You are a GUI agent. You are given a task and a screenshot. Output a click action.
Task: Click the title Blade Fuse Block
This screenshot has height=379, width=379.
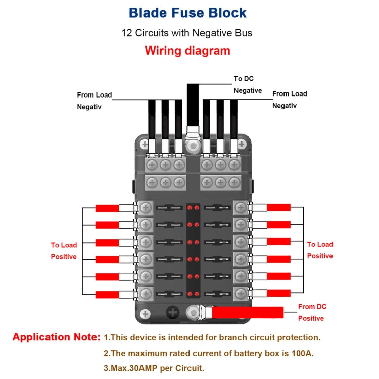point(187,13)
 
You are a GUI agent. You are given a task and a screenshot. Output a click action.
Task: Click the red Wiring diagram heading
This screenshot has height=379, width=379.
point(187,51)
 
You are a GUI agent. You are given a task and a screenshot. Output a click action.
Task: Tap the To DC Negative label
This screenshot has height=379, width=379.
point(247,84)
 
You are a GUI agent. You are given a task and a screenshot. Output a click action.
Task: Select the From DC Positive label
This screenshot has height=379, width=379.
point(312,312)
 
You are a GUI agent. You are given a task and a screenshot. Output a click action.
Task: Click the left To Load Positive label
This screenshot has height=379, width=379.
point(64,251)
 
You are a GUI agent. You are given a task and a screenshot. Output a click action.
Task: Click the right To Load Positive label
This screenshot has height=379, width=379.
point(320,250)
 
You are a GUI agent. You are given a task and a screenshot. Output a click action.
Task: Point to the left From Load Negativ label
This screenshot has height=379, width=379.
point(94,101)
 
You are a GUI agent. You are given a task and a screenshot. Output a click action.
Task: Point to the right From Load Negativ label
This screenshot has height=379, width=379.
point(290,99)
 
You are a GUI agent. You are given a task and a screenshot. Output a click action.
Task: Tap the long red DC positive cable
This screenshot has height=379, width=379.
point(248,313)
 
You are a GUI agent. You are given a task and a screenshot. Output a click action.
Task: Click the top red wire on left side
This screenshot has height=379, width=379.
point(107,208)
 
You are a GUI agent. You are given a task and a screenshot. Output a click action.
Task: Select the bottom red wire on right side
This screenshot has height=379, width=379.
point(278,293)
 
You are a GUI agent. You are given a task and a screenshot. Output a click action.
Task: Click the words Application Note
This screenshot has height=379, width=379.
point(56,337)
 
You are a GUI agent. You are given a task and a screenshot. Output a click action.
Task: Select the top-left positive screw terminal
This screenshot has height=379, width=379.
point(146,207)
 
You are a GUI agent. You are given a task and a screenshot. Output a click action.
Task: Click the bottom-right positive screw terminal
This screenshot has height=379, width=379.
point(241,292)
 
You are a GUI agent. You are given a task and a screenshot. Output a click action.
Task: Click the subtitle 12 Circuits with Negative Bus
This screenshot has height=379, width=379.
point(186,33)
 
